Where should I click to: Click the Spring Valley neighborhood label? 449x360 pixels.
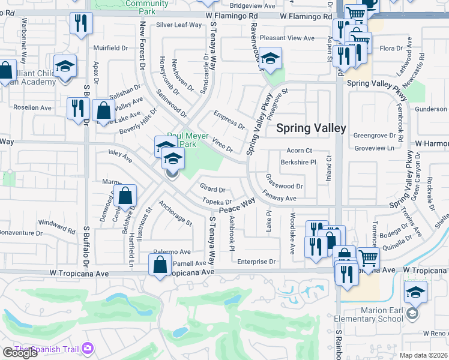click(311, 128)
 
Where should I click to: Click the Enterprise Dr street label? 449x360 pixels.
click(256, 262)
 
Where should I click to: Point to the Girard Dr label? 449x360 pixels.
click(212, 190)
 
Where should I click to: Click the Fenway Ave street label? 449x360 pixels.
click(280, 196)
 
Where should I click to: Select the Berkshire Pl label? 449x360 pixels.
click(298, 162)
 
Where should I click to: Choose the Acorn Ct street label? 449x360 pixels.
click(300, 151)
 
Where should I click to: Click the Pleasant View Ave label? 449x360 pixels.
click(287, 38)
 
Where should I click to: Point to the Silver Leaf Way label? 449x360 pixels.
click(179, 25)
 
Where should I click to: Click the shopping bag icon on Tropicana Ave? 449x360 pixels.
click(160, 265)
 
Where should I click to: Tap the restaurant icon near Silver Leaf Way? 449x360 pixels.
click(80, 23)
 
